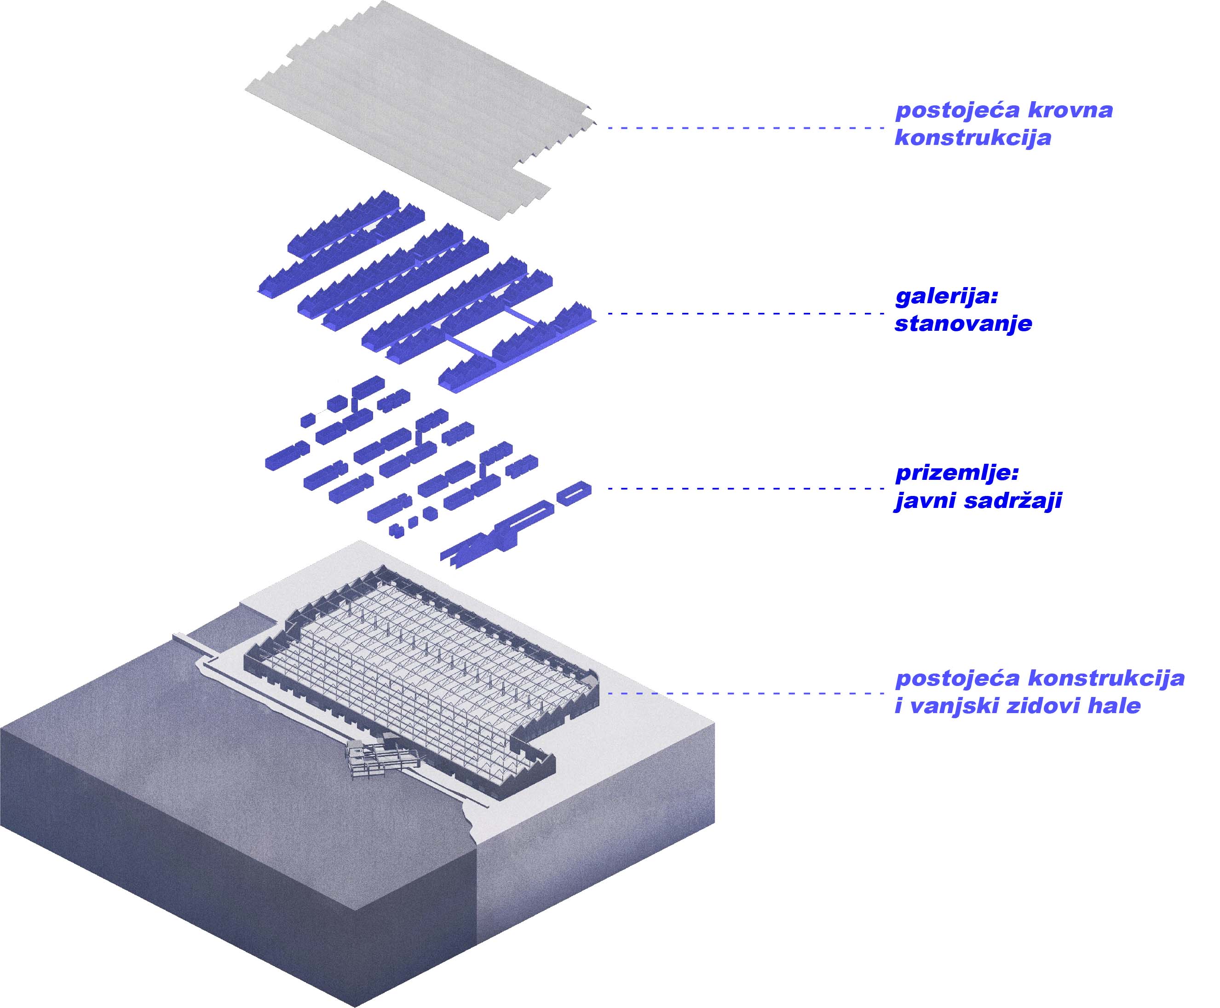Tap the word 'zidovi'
[x=1036, y=706]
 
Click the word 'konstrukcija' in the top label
[x=973, y=138]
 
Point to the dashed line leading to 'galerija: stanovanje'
[x=743, y=314]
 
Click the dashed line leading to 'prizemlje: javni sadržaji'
[x=743, y=488]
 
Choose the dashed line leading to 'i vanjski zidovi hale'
[x=743, y=693]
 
